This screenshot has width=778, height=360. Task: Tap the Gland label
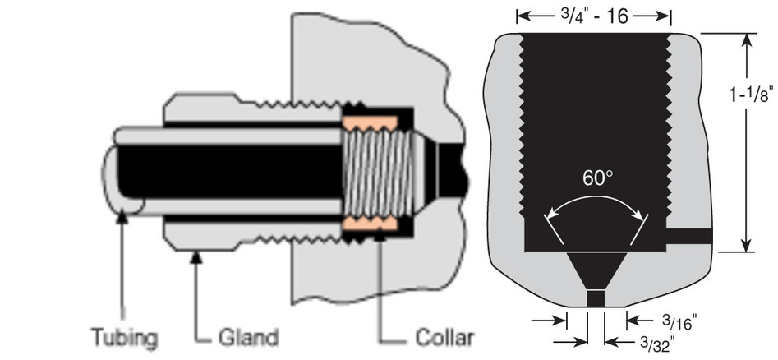(248, 338)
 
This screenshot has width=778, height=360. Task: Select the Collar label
(439, 338)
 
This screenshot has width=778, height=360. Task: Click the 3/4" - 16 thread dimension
(594, 16)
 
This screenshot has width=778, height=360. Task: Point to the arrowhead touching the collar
(380, 236)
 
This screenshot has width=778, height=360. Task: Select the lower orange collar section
(369, 223)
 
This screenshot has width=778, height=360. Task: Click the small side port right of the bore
(688, 237)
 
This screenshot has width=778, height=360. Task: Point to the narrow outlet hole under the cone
(596, 298)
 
